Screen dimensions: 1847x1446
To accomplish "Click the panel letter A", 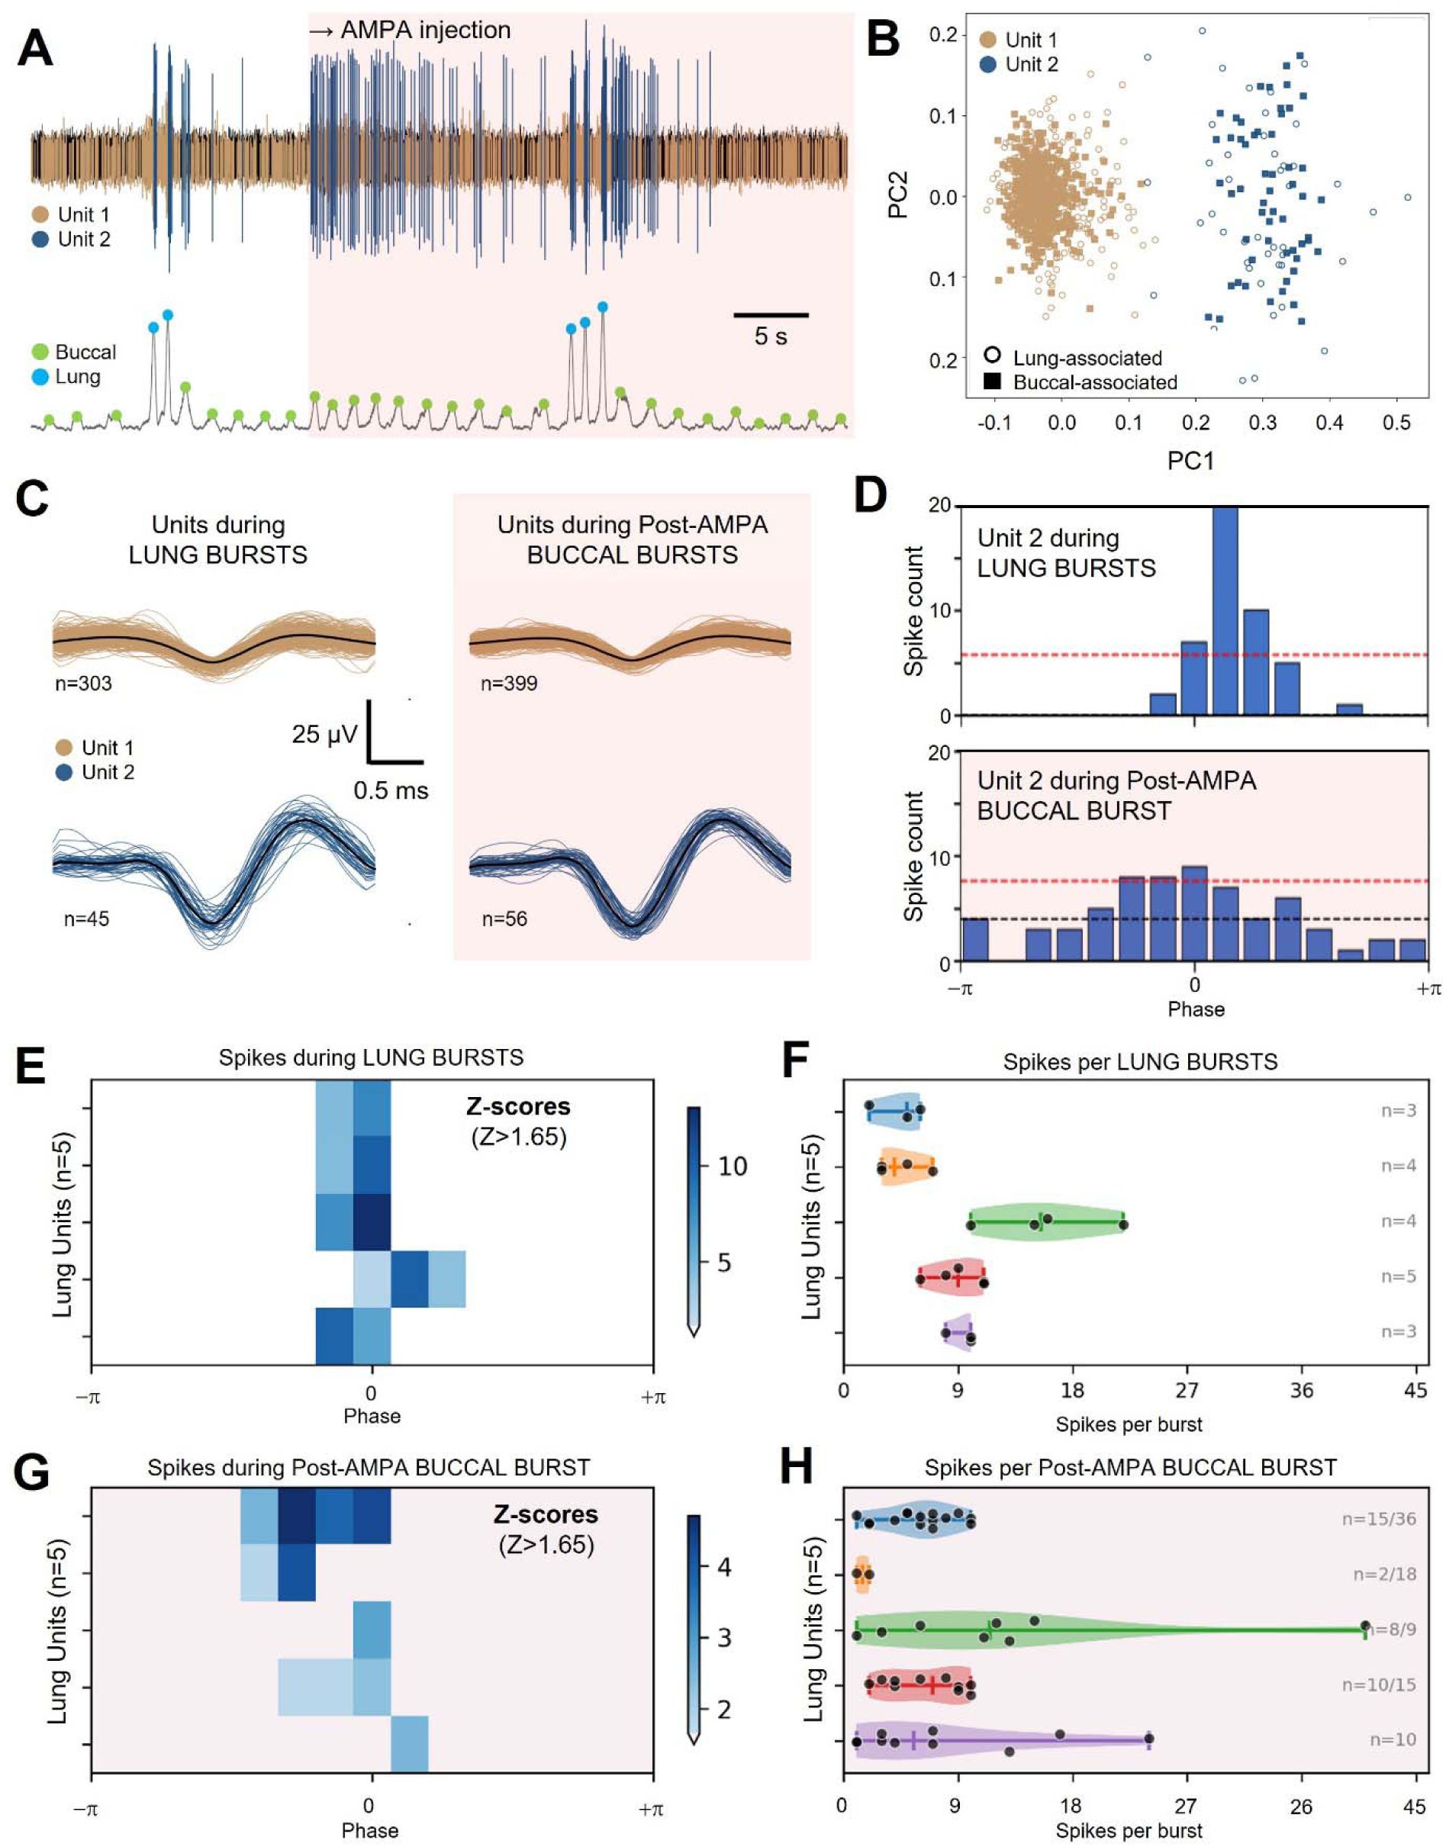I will [x=36, y=48].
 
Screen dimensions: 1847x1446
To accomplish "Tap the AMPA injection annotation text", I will [x=410, y=31].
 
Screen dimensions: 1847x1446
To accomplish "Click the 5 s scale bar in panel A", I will [x=771, y=315].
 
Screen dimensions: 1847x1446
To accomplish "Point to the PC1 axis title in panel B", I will [x=1190, y=461].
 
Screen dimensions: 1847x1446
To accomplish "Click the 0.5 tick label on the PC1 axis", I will [x=1396, y=423].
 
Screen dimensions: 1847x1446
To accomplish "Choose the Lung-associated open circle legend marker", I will [x=993, y=356].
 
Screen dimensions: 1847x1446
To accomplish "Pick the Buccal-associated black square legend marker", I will [x=993, y=381].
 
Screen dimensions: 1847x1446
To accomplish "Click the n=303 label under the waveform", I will [x=84, y=683].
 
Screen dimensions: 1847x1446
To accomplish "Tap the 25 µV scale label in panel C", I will [x=324, y=734].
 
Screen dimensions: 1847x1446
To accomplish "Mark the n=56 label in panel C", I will [x=504, y=919].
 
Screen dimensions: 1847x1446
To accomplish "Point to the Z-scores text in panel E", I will [x=518, y=1106].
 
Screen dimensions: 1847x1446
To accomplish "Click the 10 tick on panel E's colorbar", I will [x=733, y=1166].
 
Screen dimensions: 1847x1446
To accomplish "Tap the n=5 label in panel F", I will [x=1399, y=1276].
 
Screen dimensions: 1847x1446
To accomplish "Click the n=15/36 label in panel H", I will [x=1378, y=1519].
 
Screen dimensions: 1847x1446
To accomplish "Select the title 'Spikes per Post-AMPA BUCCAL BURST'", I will [x=1130, y=1467].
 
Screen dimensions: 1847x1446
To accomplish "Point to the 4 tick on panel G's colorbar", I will [x=724, y=1567].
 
